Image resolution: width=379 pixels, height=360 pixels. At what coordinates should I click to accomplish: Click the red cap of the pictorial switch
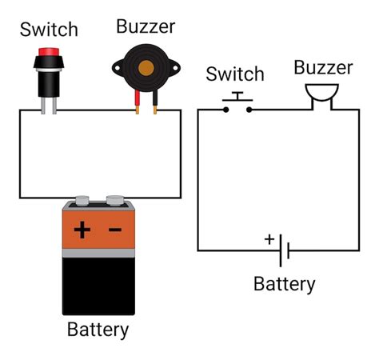[x=49, y=57]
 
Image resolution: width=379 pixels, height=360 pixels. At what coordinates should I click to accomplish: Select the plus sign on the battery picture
[x=82, y=230]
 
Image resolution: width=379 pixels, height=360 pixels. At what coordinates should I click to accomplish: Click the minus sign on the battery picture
[x=115, y=230]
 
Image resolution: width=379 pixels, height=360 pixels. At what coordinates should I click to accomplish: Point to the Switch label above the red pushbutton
[x=49, y=30]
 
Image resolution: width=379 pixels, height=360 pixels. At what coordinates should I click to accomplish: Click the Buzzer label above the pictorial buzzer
[x=146, y=26]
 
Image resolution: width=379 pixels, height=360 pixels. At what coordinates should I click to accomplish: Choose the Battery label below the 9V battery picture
[x=98, y=330]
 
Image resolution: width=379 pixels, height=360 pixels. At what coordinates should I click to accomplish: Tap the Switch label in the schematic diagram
[x=235, y=74]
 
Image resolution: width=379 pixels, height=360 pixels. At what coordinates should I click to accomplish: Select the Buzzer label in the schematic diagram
[x=323, y=67]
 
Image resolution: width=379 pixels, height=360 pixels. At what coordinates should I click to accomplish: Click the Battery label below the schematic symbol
[x=284, y=284]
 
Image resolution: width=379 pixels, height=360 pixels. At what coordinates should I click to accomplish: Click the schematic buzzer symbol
[x=323, y=96]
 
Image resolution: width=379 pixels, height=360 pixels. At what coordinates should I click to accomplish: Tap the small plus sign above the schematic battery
[x=269, y=238]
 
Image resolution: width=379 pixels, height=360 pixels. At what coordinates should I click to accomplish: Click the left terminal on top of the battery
[x=81, y=201]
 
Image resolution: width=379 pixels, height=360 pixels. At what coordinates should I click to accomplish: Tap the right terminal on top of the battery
[x=115, y=200]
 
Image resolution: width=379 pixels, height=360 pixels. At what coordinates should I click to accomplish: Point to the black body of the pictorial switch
[x=49, y=81]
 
